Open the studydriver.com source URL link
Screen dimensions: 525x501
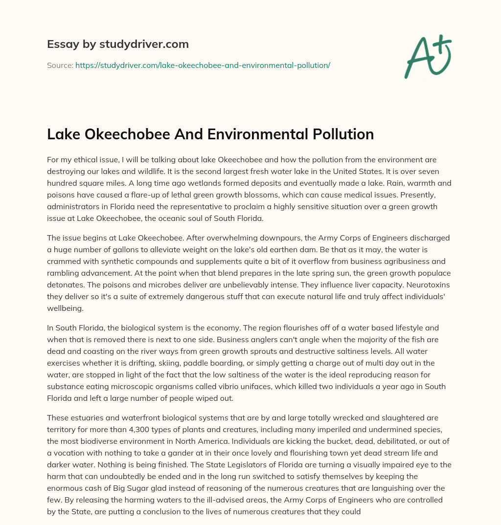[x=203, y=65]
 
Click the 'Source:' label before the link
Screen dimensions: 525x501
[x=60, y=65]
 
